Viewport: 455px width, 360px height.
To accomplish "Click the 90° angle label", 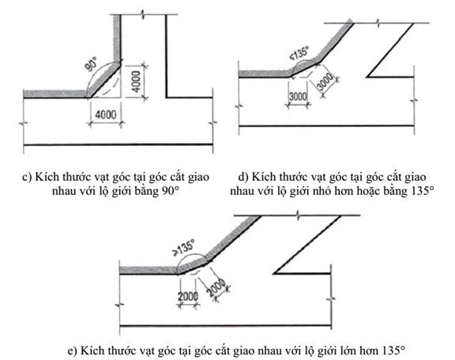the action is coord(91,65).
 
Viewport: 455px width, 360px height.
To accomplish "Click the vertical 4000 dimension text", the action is coord(136,81).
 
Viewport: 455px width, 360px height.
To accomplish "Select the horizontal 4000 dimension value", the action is coord(106,115).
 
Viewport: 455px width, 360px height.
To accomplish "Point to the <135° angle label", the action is coord(299,54).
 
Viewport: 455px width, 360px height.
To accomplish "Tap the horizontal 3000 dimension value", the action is coord(298,96).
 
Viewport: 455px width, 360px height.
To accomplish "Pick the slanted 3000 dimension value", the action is coord(325,82).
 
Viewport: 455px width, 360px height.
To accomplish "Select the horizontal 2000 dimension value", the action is coord(188,297).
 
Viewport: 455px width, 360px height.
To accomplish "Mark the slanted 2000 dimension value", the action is coord(216,287).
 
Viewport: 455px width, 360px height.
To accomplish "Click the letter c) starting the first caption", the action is coord(27,178).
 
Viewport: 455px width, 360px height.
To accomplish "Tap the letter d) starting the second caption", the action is coord(243,177).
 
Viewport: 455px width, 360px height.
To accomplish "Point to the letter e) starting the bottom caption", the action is coord(73,351).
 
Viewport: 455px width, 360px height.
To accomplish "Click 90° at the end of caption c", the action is coord(169,192).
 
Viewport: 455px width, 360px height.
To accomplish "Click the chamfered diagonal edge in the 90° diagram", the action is coord(105,80).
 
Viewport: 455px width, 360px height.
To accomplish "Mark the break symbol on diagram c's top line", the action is coord(142,14).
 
